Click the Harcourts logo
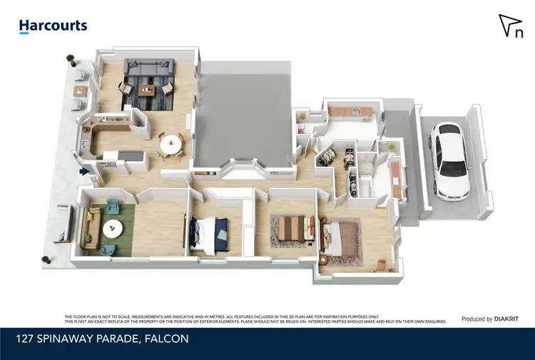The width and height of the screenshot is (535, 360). [53, 26]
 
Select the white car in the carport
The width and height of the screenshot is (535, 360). [450, 160]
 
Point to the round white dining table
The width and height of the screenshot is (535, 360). [170, 145]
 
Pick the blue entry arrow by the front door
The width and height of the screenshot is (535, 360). [83, 171]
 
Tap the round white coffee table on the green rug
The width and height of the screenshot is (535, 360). [112, 229]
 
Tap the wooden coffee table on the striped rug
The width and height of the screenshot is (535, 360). [147, 90]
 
